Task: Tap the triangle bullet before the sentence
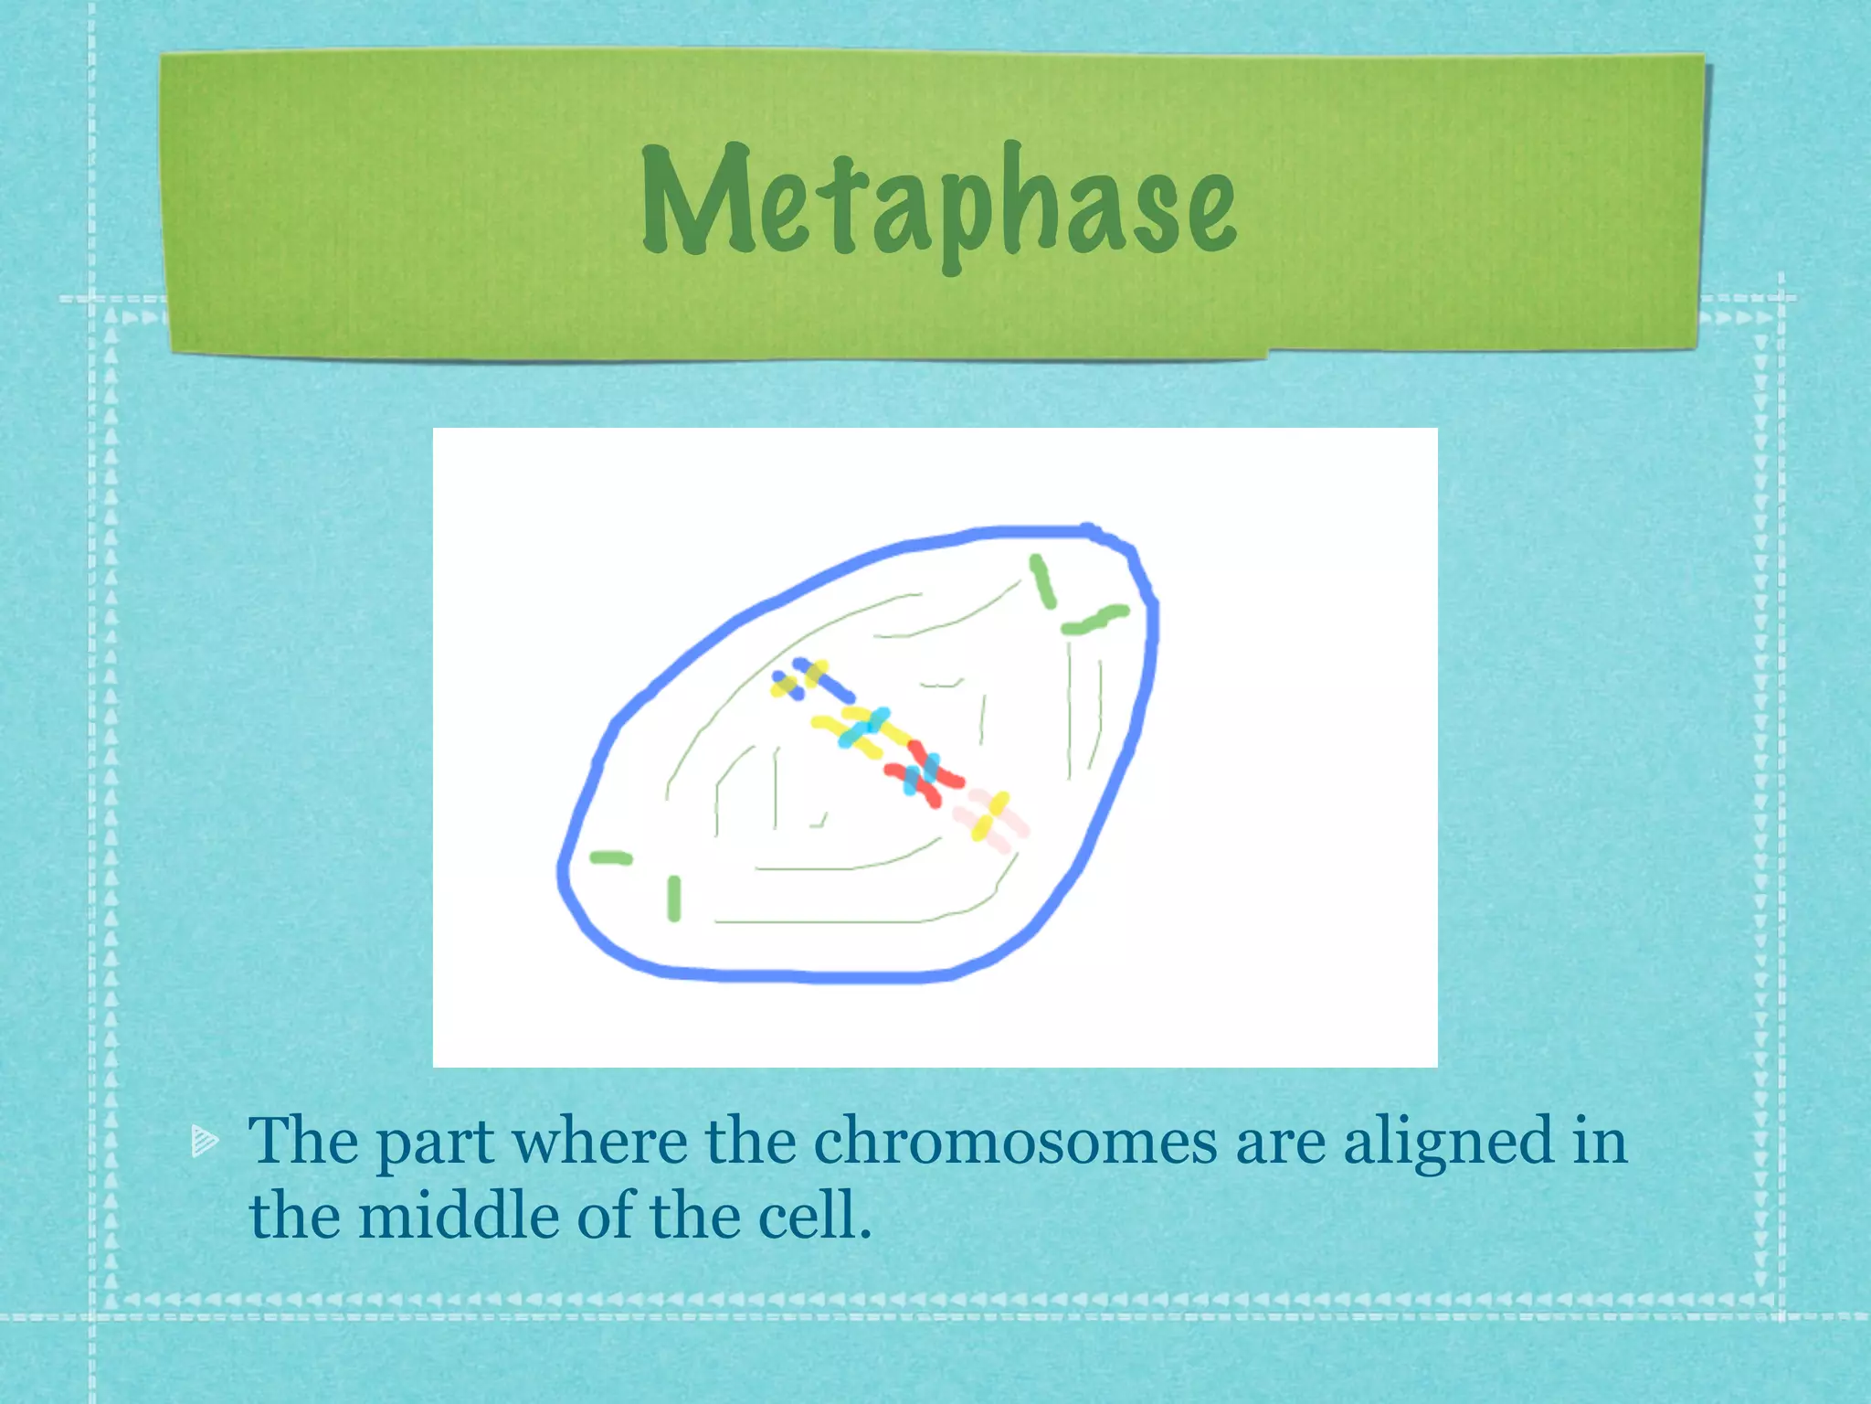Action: pyautogui.click(x=204, y=1140)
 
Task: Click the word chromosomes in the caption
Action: pyautogui.click(x=1015, y=1142)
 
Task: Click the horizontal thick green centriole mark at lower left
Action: pyautogui.click(x=610, y=857)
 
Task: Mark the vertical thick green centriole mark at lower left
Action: pyautogui.click(x=674, y=898)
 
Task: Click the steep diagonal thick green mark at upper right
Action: pyautogui.click(x=1042, y=581)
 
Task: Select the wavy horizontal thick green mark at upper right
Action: pyautogui.click(x=1094, y=620)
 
